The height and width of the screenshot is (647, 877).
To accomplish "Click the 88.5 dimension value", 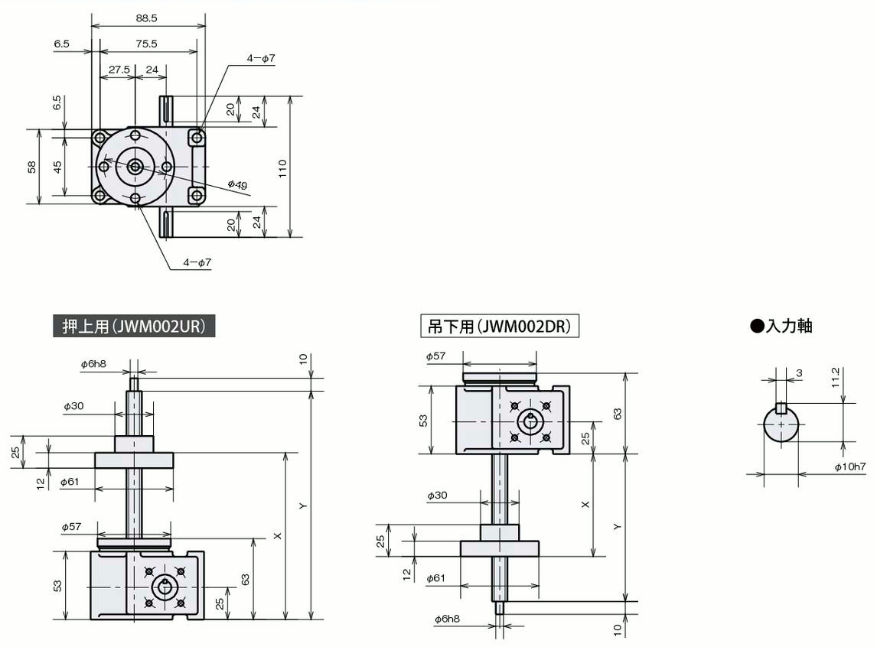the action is pyautogui.click(x=146, y=18).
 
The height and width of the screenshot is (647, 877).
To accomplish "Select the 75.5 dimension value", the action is pyautogui.click(x=146, y=44).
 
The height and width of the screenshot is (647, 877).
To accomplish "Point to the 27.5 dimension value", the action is pyautogui.click(x=119, y=70).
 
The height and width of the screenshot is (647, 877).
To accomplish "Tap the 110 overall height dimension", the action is pyautogui.click(x=282, y=168).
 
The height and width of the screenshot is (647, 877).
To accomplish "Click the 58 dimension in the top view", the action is pyautogui.click(x=32, y=167).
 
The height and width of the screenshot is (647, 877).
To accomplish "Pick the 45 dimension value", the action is pyautogui.click(x=57, y=167).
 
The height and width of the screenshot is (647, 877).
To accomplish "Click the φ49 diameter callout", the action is pyautogui.click(x=238, y=184).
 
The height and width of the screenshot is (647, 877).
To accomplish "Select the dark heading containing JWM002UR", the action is pyautogui.click(x=134, y=326).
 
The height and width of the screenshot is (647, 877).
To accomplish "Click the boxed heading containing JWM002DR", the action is pyautogui.click(x=500, y=326).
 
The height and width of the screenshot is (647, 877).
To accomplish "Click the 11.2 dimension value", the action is pyautogui.click(x=836, y=378).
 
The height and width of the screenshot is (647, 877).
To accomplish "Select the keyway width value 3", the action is pyautogui.click(x=799, y=372).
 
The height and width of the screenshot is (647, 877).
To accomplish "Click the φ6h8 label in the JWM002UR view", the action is pyautogui.click(x=93, y=364).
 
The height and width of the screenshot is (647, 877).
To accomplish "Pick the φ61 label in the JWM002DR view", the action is pyautogui.click(x=437, y=577).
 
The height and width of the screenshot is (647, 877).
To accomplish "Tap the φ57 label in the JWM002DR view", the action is pyautogui.click(x=435, y=356).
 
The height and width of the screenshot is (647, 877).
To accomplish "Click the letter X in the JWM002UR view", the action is pyautogui.click(x=278, y=536).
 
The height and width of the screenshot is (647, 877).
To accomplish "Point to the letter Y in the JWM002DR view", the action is pyautogui.click(x=617, y=526).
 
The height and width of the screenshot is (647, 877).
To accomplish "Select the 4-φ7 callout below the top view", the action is pyautogui.click(x=197, y=262).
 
